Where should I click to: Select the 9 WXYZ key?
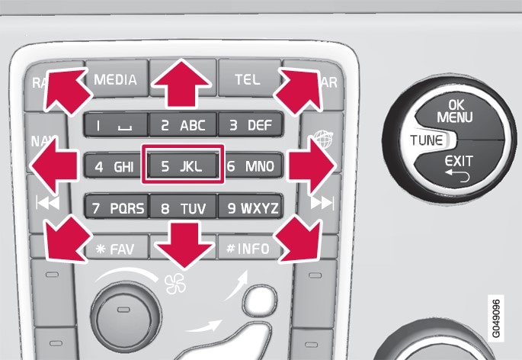tap(249, 206)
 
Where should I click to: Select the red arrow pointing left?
tap(55, 163)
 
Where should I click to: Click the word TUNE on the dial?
tap(425, 140)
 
